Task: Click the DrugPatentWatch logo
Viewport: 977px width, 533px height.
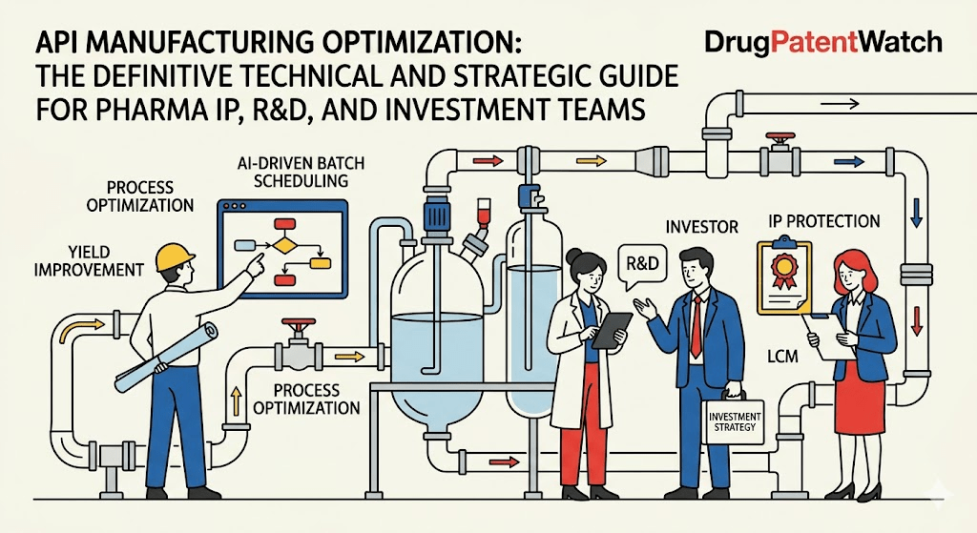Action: point(823,42)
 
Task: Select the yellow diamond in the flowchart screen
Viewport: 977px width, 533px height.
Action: point(282,245)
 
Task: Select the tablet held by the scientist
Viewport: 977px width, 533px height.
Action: point(612,330)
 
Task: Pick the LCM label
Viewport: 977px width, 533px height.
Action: point(782,357)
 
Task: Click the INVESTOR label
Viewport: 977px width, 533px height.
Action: point(701,227)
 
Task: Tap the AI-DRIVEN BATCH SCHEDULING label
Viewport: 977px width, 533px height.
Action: point(301,173)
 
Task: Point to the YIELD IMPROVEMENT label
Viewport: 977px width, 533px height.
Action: point(89,261)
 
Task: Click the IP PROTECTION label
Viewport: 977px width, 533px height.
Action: point(824,221)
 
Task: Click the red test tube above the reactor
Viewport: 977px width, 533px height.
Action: point(482,214)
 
